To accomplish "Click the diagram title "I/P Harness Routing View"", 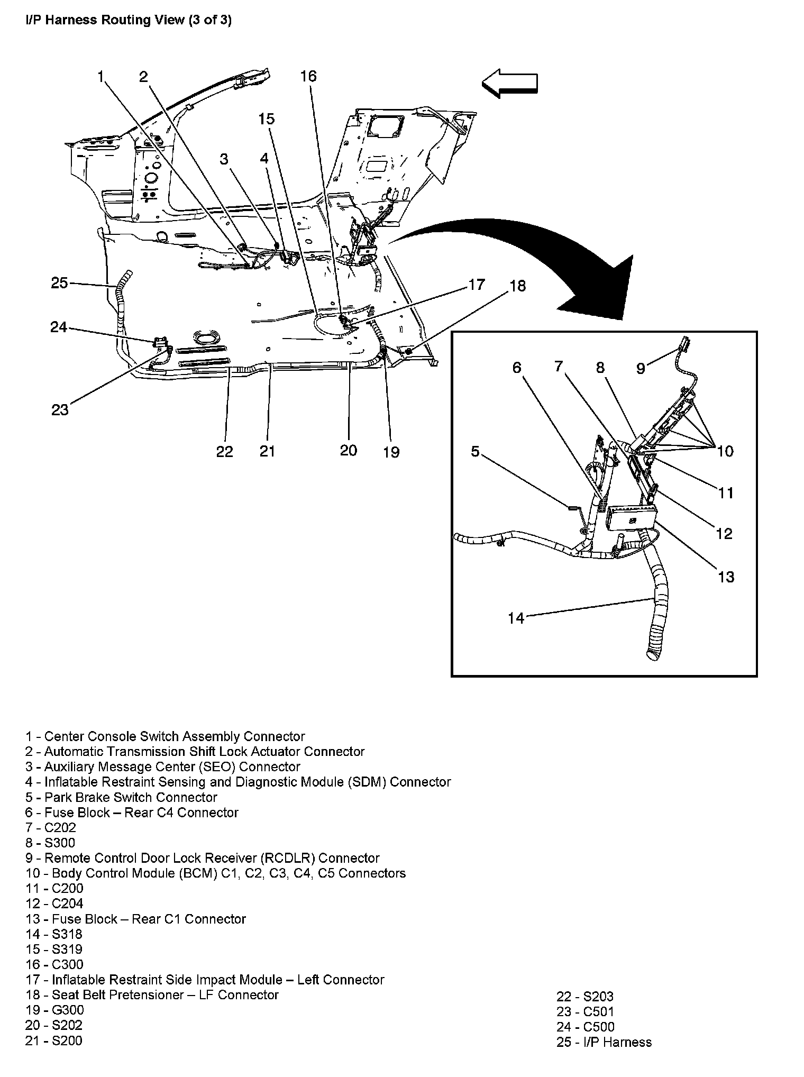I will point(129,20).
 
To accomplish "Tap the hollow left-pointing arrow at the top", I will point(509,84).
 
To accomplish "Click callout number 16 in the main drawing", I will point(308,76).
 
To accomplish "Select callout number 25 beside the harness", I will point(59,283).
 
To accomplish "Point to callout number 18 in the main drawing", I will point(517,286).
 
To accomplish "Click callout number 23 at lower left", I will point(60,409).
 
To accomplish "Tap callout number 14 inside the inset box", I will point(516,618).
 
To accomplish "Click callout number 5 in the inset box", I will point(475,451).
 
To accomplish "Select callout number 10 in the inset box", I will point(725,451).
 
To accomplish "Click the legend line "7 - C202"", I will point(51,827).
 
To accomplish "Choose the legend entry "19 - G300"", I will point(54,1010).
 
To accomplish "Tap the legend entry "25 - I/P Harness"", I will point(604,1042).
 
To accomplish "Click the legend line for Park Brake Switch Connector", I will point(121,797).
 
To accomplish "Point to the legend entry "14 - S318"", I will point(54,934).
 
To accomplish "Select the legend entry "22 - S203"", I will point(584,997).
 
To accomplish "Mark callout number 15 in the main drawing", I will point(266,118).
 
